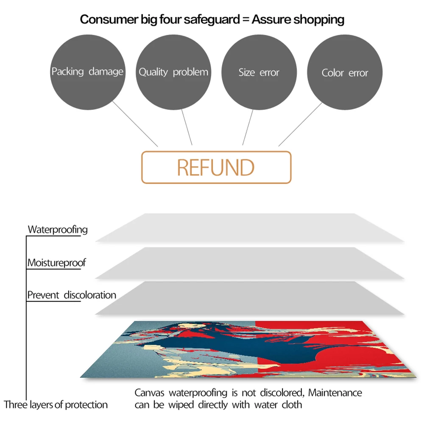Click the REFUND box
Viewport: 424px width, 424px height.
pos(216,167)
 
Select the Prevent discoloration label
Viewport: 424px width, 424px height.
pos(72,295)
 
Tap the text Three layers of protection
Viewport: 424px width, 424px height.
pos(56,404)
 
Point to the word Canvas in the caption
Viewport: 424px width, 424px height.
pos(148,393)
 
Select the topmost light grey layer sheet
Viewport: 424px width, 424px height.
pos(250,227)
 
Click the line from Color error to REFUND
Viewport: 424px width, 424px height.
pos(300,124)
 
